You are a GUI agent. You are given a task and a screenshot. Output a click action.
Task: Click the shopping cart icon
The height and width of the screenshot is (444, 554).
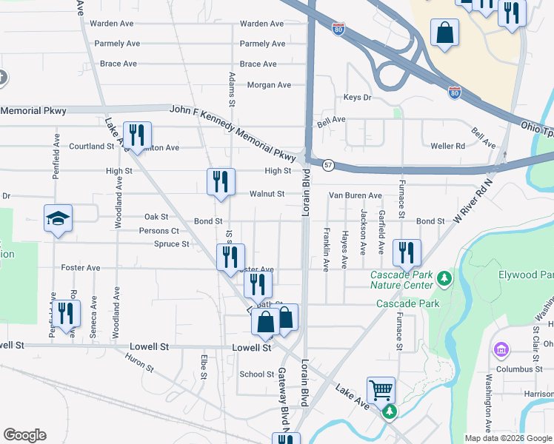pos(381,389)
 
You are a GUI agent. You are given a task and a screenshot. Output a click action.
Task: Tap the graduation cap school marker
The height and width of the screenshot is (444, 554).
pos(58,218)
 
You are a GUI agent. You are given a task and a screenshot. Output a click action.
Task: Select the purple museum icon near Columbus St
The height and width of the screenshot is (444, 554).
pos(501,349)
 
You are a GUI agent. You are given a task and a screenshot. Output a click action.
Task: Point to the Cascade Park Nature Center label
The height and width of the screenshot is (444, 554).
pos(401,280)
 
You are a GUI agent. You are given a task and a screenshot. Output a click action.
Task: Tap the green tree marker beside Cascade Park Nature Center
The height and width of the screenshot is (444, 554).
pos(444,279)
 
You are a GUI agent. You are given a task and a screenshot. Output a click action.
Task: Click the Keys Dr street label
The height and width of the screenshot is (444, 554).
pos(357,98)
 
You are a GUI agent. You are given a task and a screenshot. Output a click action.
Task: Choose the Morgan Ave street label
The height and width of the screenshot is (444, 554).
pos(269,85)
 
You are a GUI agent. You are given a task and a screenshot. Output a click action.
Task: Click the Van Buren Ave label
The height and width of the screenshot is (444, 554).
pos(356,195)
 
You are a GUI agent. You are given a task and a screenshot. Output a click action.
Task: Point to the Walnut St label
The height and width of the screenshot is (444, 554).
pos(267,195)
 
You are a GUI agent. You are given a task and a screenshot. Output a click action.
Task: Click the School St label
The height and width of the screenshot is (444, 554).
pos(257,374)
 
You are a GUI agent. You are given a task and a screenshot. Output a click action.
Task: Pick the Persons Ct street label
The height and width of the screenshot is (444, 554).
pos(159,231)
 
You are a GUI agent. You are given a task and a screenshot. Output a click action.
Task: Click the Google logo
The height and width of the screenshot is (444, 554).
pos(24,435)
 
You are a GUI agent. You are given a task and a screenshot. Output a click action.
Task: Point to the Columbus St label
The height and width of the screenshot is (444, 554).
pos(520,369)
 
